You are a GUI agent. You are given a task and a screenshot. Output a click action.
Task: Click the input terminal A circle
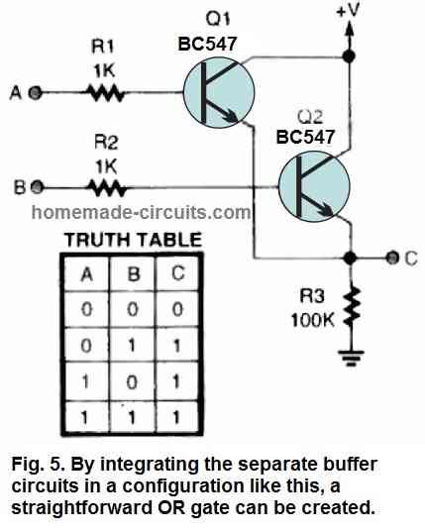(x=36, y=94)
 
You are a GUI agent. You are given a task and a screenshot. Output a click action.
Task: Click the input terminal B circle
(x=37, y=185)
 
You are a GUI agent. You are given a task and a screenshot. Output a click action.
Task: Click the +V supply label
(x=348, y=12)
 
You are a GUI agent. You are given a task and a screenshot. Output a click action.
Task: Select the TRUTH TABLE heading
(x=133, y=239)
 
